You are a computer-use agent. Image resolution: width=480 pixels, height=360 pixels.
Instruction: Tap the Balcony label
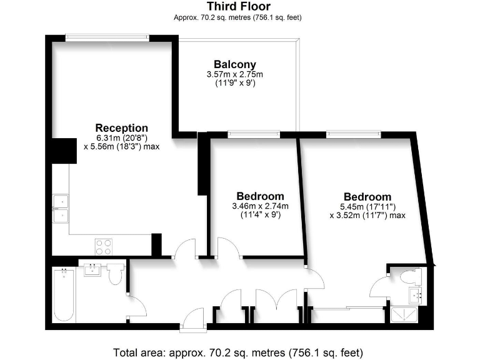tap(234, 64)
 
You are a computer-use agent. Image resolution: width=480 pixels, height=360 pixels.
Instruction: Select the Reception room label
tap(121, 128)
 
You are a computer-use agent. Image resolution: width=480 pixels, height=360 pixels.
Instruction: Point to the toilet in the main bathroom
tap(116, 274)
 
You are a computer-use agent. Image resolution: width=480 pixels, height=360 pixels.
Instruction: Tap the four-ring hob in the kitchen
tap(103, 246)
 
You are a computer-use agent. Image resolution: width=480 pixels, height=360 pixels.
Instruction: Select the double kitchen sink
tap(61, 208)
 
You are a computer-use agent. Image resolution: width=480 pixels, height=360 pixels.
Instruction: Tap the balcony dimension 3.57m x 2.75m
tap(234, 74)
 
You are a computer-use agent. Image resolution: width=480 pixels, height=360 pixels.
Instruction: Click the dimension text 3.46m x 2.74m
tap(260, 206)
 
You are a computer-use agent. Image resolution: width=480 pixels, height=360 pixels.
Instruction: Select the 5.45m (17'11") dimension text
tap(367, 207)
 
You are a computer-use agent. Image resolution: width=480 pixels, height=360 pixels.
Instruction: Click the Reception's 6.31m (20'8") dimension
tap(121, 138)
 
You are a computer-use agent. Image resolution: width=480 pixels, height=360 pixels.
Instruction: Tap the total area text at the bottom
tap(238, 351)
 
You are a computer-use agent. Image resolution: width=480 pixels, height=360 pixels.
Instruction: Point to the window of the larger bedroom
tap(353, 134)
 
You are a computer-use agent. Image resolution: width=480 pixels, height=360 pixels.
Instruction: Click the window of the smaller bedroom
tap(253, 134)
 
